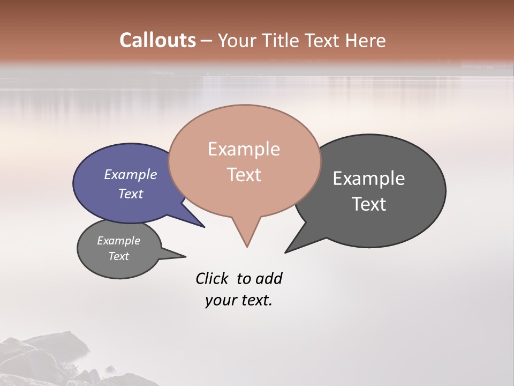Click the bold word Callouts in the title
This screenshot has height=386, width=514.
pyautogui.click(x=157, y=40)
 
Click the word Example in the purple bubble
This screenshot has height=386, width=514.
pyautogui.click(x=130, y=174)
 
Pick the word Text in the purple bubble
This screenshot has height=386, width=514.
pyautogui.click(x=130, y=194)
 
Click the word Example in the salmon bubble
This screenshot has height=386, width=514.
pyautogui.click(x=244, y=149)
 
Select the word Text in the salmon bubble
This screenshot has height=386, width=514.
pyautogui.click(x=244, y=175)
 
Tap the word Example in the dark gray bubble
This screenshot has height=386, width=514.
pyautogui.click(x=369, y=179)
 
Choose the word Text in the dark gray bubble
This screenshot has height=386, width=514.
pyautogui.click(x=369, y=204)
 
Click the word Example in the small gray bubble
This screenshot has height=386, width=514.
pyautogui.click(x=118, y=241)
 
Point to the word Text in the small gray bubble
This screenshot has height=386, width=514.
pyautogui.click(x=118, y=256)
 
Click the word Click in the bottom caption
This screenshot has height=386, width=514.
pyautogui.click(x=211, y=279)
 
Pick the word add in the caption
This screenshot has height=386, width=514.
pyautogui.click(x=269, y=279)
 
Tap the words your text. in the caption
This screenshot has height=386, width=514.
pyautogui.click(x=238, y=300)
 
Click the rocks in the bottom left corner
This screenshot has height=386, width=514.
pyautogui.click(x=43, y=359)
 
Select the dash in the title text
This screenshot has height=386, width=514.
pyautogui.click(x=207, y=41)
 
